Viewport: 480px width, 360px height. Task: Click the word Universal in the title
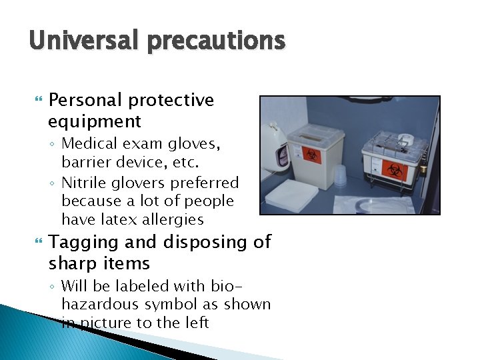click(x=74, y=41)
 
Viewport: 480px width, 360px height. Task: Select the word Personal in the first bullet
click(x=86, y=100)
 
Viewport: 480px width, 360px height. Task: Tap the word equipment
click(x=95, y=121)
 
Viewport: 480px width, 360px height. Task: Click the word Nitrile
click(x=83, y=183)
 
